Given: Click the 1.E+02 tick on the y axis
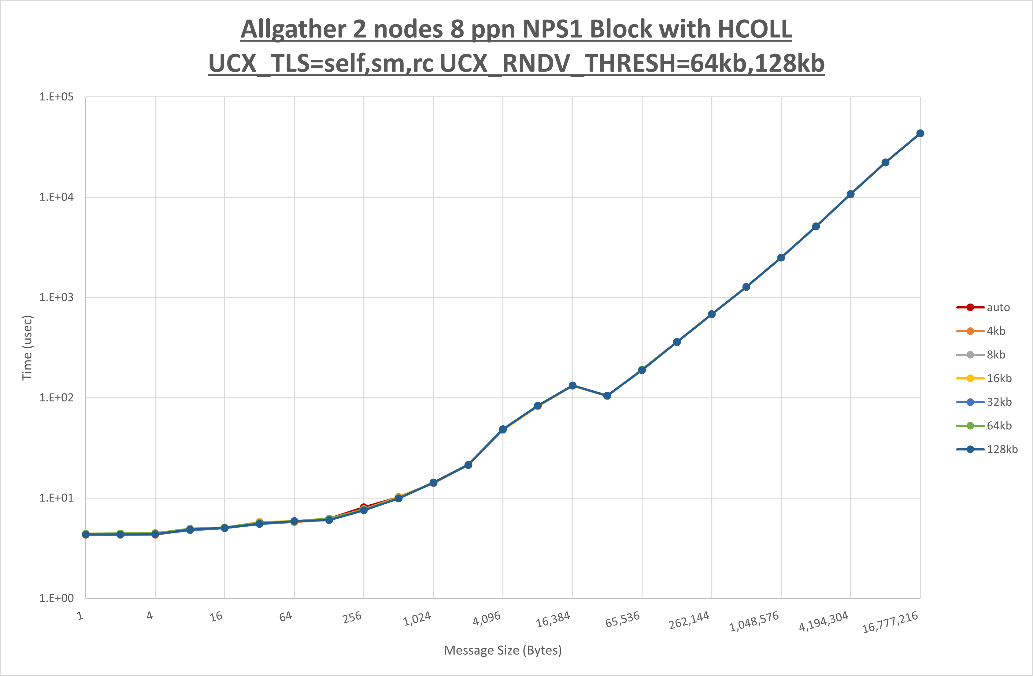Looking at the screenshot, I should pyautogui.click(x=57, y=398).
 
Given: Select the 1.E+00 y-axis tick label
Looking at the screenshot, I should pyautogui.click(x=57, y=598).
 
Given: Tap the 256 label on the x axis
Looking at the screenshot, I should pyautogui.click(x=352, y=617).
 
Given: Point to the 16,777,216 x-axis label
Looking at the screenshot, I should pyautogui.click(x=890, y=622).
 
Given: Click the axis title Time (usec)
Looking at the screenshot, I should pyautogui.click(x=27, y=348).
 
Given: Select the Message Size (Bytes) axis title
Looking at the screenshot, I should pyautogui.click(x=503, y=650).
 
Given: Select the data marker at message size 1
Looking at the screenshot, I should pyautogui.click(x=86, y=534).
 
